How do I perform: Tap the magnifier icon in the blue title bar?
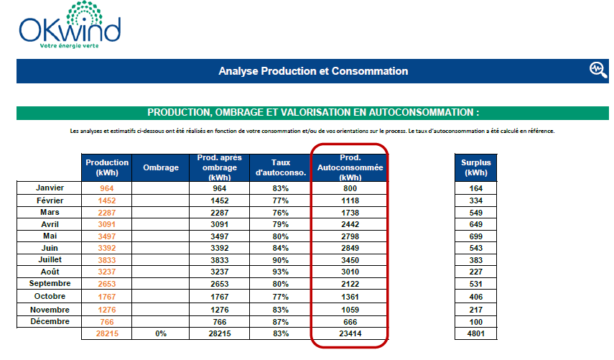coord(597,69)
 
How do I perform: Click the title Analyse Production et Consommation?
coord(313,71)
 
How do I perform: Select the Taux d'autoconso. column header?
coord(281,167)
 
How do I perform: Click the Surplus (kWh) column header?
coord(475,167)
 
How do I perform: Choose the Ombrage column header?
coord(161,167)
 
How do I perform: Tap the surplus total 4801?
coord(475,333)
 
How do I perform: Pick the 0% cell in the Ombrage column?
coord(161,333)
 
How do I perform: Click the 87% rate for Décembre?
coord(281,321)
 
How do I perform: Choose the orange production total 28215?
coord(107,333)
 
